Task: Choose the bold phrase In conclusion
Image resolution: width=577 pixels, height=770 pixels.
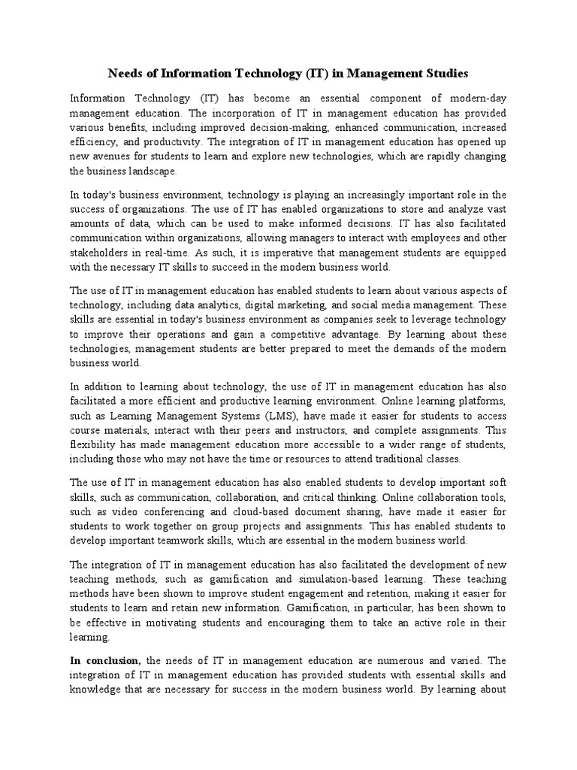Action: (106, 661)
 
